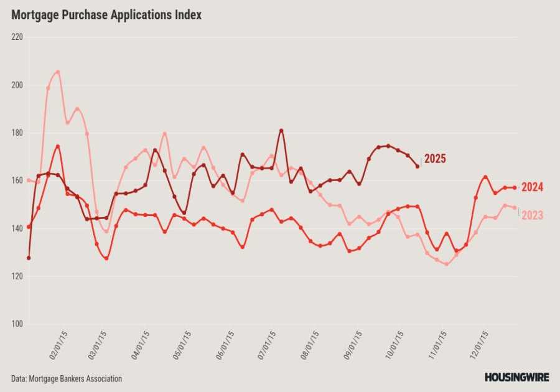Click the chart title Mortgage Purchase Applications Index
pyautogui.click(x=106, y=15)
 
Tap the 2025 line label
pyautogui.click(x=435, y=159)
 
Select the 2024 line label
pyautogui.click(x=532, y=187)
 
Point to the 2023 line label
pyautogui.click(x=532, y=215)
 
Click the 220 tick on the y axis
pyautogui.click(x=17, y=37)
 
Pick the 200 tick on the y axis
pyautogui.click(x=17, y=85)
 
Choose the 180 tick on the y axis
pyautogui.click(x=17, y=133)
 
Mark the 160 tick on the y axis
pyautogui.click(x=17, y=180)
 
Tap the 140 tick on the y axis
pyautogui.click(x=17, y=228)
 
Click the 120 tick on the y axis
pyautogui.click(x=17, y=276)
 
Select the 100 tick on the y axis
pyautogui.click(x=17, y=324)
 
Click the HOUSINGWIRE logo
pyautogui.click(x=517, y=377)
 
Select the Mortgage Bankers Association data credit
pyautogui.click(x=67, y=378)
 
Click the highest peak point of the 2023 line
pyautogui.click(x=58, y=72)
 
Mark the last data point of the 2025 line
pyautogui.click(x=418, y=166)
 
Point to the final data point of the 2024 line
pyautogui.click(x=515, y=187)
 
